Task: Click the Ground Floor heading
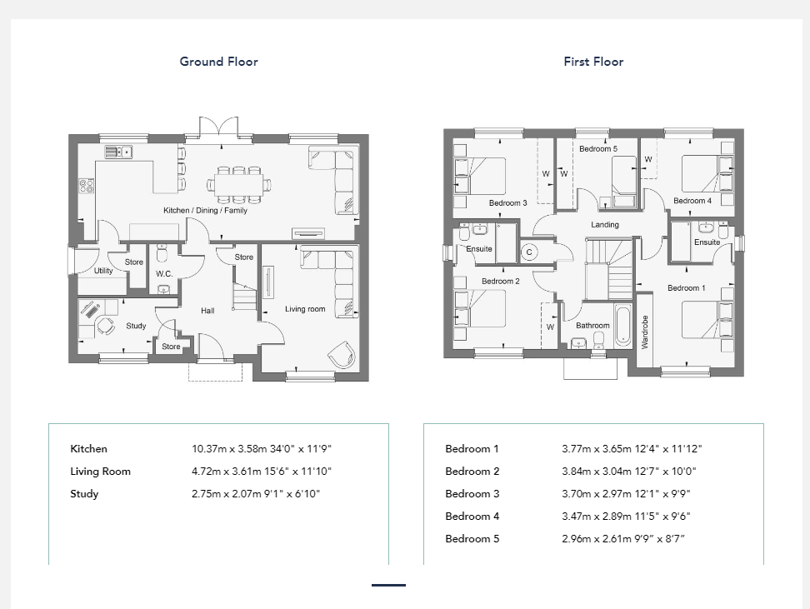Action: tap(218, 62)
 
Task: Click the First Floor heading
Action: tap(593, 62)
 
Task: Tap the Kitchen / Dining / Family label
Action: tap(205, 210)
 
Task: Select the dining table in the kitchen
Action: tap(238, 184)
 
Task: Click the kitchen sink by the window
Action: tap(119, 152)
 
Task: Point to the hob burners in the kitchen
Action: tap(87, 186)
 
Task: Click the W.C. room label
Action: tap(164, 274)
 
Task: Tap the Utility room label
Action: tap(103, 271)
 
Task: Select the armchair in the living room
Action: tap(342, 355)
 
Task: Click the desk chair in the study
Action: tap(106, 326)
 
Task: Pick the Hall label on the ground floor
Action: tap(207, 311)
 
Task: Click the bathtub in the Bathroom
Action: tap(623, 326)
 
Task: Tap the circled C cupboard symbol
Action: tap(529, 252)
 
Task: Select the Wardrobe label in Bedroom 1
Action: tap(645, 332)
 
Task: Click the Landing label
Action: tap(605, 225)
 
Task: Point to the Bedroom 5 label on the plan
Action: tap(598, 149)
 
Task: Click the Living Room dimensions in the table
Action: tap(262, 471)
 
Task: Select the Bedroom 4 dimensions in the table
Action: tap(626, 516)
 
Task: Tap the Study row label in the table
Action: tap(84, 494)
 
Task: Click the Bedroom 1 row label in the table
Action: tap(472, 449)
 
